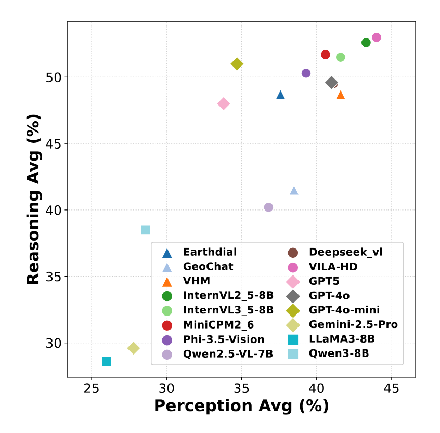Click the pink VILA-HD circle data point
point(377,37)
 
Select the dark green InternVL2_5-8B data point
point(366,43)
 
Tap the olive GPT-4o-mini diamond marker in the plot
point(237,64)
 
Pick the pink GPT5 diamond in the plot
point(224,104)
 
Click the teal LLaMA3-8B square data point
point(107,361)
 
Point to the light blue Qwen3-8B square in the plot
point(146,230)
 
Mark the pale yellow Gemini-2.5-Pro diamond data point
point(134,348)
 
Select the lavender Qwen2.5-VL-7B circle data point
point(268,207)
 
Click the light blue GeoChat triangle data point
point(294,190)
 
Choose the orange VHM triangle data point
point(341,95)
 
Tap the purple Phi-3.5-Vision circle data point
point(306,73)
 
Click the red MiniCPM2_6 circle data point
point(326,55)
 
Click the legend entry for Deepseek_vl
point(345,252)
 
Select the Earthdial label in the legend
point(210,252)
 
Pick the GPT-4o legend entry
point(329,296)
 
